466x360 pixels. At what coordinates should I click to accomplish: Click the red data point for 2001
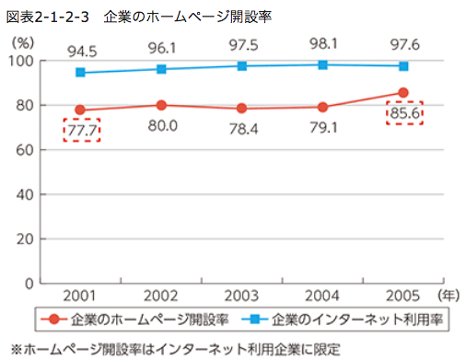[81, 110]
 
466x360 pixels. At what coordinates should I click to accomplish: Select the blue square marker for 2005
[403, 66]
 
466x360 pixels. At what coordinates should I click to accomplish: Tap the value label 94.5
[81, 48]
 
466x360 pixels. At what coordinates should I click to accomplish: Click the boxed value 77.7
[81, 130]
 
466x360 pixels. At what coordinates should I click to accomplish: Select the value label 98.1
[323, 43]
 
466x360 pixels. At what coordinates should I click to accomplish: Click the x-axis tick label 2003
[242, 296]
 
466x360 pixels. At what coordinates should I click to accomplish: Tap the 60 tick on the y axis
[46, 149]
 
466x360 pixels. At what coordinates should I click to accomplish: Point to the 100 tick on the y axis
[43, 61]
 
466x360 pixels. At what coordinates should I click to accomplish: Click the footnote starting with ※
[175, 348]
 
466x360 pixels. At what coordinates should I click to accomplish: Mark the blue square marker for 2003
[242, 66]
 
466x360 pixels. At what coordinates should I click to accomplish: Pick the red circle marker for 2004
[323, 107]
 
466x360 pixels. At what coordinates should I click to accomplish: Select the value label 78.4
[242, 130]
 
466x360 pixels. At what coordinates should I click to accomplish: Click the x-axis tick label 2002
[162, 296]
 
